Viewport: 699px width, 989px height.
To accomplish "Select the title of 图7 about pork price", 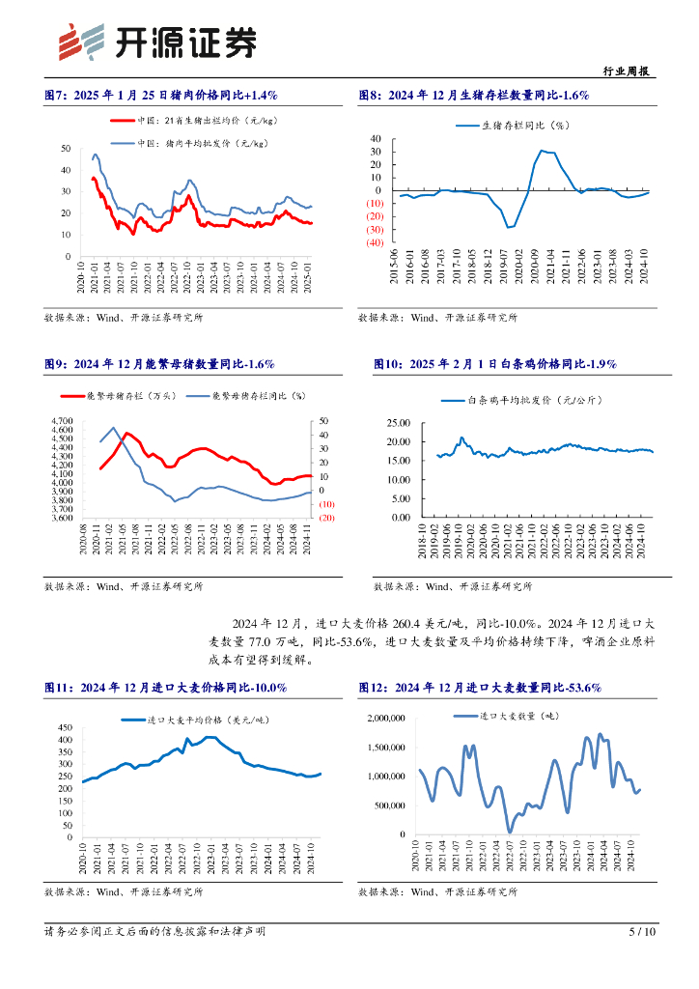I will pyautogui.click(x=161, y=95).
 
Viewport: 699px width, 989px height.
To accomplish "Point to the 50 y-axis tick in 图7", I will pyautogui.click(x=65, y=148).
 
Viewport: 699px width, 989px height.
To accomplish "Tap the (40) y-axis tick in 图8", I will pyautogui.click(x=377, y=242).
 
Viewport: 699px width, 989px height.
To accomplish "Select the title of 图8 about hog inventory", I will pyautogui.click(x=473, y=95).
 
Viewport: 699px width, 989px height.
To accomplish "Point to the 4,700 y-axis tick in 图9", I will pyautogui.click(x=62, y=421).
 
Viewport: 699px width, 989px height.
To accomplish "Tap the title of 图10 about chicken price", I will pyautogui.click(x=494, y=363).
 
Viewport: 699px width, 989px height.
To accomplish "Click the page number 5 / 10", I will pyautogui.click(x=642, y=932).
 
